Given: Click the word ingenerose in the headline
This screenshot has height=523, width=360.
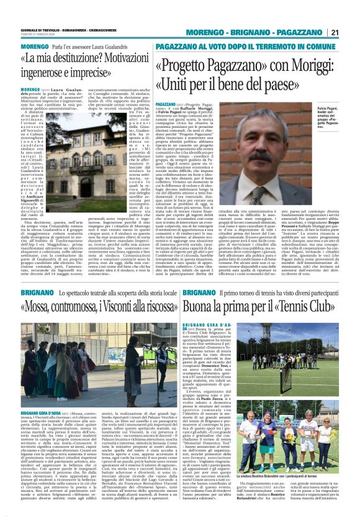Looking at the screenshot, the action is tap(50, 74).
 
